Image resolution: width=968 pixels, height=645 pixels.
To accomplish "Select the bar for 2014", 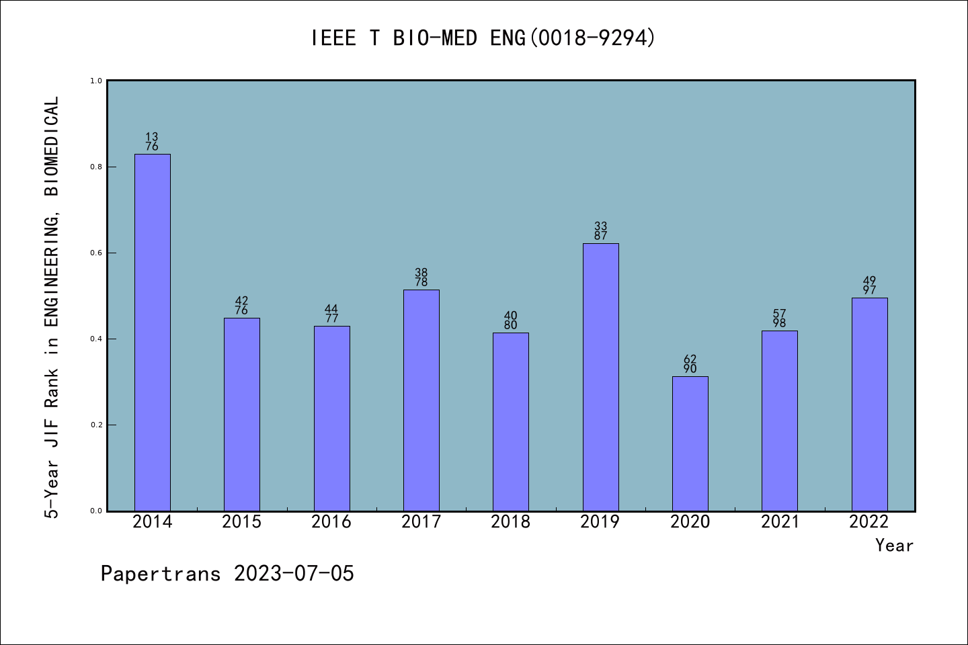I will tap(152, 333).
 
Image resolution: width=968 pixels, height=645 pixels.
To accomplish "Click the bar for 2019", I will tap(600, 377).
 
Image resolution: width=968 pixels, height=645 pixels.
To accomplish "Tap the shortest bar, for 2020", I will tap(690, 443).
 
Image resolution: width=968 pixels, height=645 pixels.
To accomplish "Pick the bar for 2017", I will tap(421, 400).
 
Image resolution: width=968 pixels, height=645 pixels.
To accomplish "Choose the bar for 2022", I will tap(869, 404).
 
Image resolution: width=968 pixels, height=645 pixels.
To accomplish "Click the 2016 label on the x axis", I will tap(331, 522).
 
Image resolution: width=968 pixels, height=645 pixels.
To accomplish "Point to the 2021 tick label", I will tap(780, 522).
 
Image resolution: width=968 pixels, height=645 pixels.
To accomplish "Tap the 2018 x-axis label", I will tap(510, 522).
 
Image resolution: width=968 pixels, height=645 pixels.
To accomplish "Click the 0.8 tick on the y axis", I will tap(96, 167).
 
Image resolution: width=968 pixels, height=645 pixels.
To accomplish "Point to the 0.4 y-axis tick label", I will tap(96, 339).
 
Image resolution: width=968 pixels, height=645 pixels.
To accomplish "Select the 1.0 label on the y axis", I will tap(96, 81).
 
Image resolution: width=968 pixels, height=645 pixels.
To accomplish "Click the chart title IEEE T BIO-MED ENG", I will tap(483, 38).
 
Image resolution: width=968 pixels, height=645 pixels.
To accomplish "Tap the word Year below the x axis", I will tap(894, 546).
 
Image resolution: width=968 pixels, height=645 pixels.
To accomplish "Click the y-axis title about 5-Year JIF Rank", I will tap(52, 307).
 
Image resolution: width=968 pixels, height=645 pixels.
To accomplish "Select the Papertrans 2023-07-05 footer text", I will tap(227, 574).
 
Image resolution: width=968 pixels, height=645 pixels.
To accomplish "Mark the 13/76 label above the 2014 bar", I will tap(152, 142).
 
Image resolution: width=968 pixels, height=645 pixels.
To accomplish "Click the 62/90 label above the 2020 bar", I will tap(690, 364).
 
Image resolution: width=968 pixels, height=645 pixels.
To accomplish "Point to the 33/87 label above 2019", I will tap(600, 231).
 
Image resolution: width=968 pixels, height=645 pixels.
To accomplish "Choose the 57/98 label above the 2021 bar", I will tap(780, 318).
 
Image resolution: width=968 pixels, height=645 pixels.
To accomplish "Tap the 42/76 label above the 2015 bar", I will tap(241, 306).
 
